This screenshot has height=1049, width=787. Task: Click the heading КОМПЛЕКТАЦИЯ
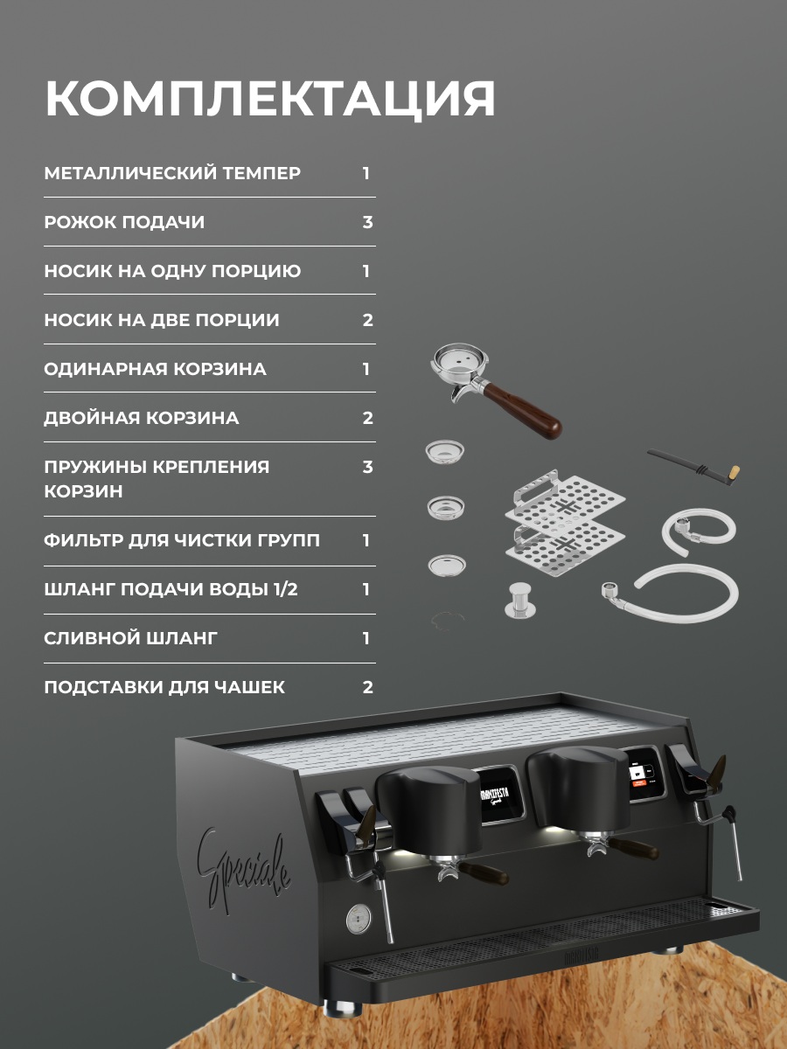(270, 98)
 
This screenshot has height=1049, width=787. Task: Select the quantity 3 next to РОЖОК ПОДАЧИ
(367, 222)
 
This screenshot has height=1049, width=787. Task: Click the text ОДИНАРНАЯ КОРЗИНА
(155, 369)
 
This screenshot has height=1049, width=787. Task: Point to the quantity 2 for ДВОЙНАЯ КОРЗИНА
(367, 418)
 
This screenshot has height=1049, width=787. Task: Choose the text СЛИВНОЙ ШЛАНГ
(130, 638)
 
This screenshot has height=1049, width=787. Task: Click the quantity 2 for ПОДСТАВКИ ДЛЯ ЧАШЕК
(367, 687)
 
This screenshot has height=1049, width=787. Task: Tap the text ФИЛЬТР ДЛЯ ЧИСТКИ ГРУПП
(182, 540)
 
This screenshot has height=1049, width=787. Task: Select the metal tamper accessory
(520, 600)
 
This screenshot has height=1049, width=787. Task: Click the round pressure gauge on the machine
(358, 919)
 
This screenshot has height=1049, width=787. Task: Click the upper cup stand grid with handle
(564, 498)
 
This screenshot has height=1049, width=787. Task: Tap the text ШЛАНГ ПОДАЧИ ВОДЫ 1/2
(171, 589)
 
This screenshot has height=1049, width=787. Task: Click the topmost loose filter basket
(445, 451)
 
